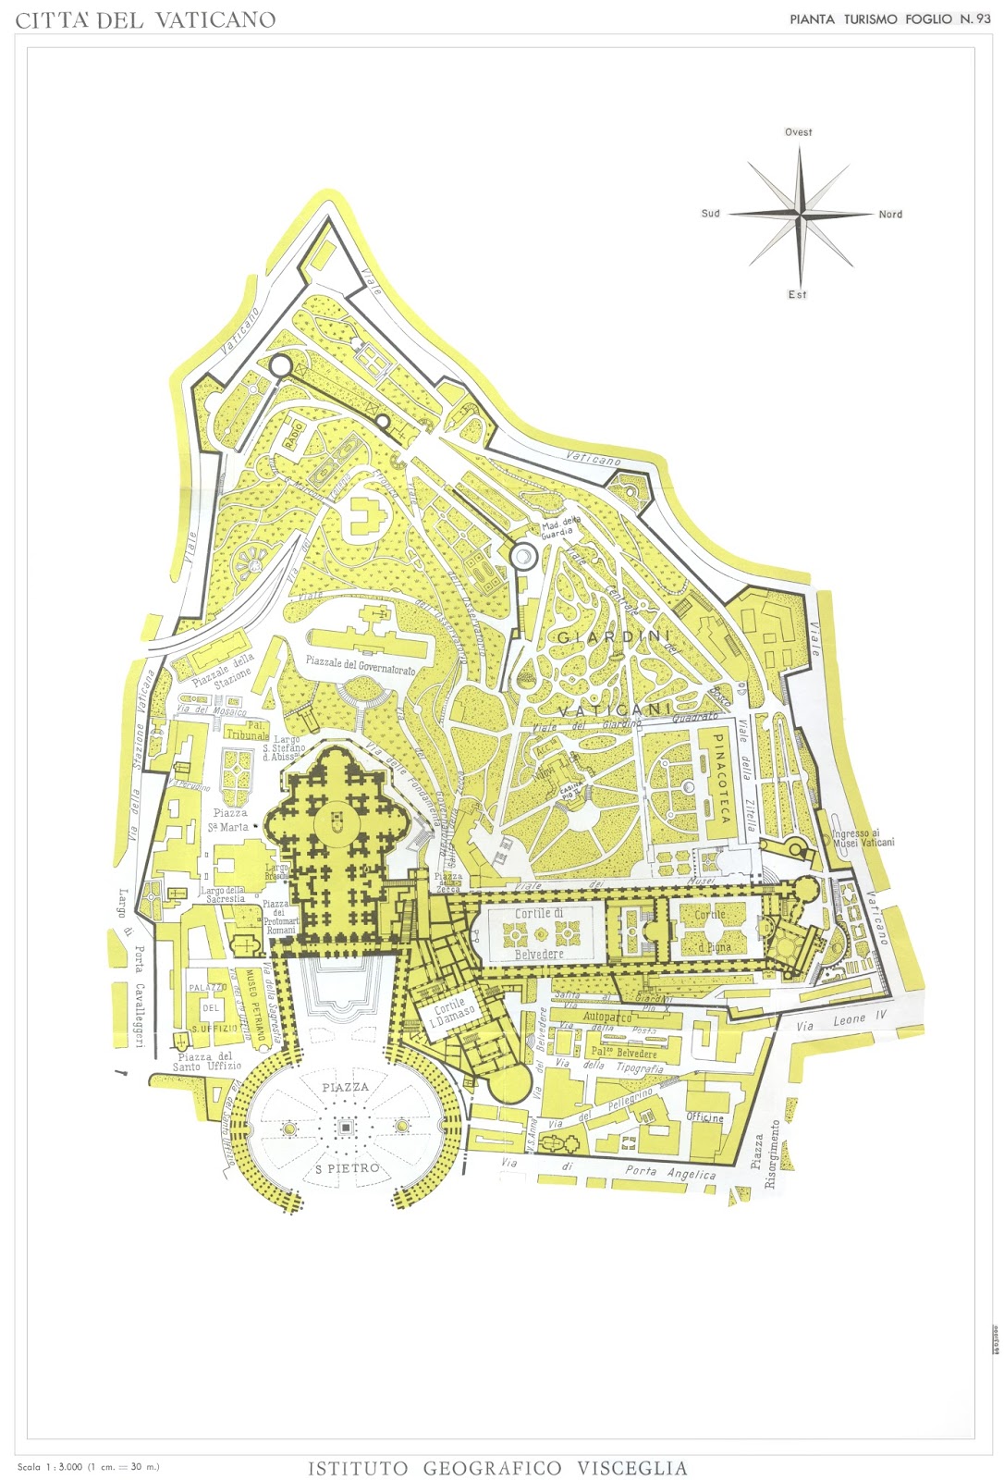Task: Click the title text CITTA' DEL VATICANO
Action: tap(145, 19)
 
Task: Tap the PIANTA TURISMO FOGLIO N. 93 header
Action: tap(889, 18)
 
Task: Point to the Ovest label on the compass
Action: tap(798, 132)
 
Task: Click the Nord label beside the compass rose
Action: tap(890, 215)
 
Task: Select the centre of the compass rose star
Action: tap(802, 214)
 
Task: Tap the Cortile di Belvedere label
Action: tap(539, 933)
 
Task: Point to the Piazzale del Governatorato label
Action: tap(361, 665)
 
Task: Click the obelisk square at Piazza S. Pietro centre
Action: tap(345, 1127)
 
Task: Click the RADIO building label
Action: tap(294, 434)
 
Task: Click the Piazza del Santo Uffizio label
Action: tap(206, 1061)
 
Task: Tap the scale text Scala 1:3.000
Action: tap(88, 1466)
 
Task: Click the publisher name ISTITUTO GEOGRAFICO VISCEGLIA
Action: tap(497, 1468)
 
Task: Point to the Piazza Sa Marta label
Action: tap(228, 820)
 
